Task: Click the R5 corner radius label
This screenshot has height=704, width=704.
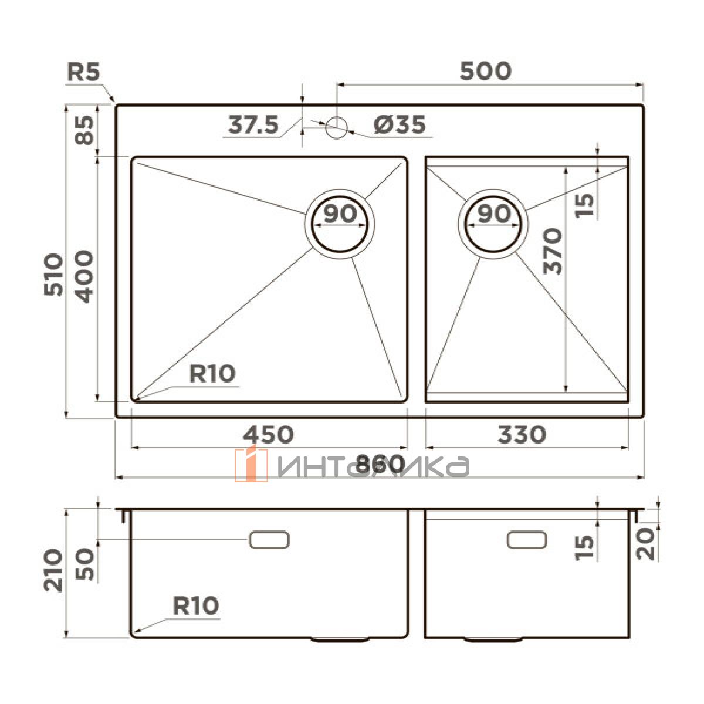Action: coord(83,72)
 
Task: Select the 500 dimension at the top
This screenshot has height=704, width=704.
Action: coord(486,71)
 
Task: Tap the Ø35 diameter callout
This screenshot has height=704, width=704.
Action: coord(400,124)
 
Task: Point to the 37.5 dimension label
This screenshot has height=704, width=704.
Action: coord(253,124)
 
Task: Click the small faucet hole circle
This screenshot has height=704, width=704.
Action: coord(336,127)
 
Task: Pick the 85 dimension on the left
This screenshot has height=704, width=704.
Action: coord(84,130)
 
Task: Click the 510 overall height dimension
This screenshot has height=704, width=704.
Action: coord(53,275)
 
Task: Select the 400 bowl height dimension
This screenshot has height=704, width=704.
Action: coord(84,276)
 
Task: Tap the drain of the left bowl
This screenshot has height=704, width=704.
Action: coord(340,224)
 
